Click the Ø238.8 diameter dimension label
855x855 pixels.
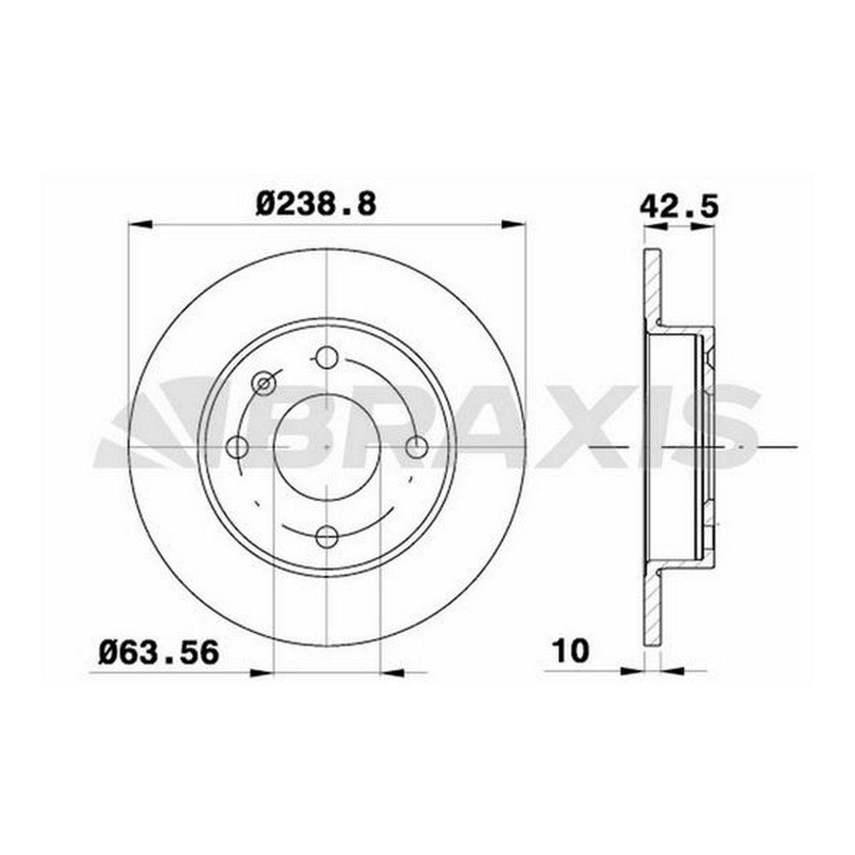[316, 205]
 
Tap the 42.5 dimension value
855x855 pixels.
[679, 206]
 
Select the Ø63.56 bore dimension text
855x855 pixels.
[159, 652]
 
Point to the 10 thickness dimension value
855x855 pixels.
[571, 651]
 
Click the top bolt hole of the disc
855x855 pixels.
[327, 357]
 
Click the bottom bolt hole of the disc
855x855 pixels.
[327, 537]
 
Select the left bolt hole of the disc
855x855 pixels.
[237, 447]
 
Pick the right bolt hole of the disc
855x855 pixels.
[417, 447]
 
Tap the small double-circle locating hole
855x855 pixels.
[263, 383]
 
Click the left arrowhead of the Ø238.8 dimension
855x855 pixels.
[139, 224]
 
